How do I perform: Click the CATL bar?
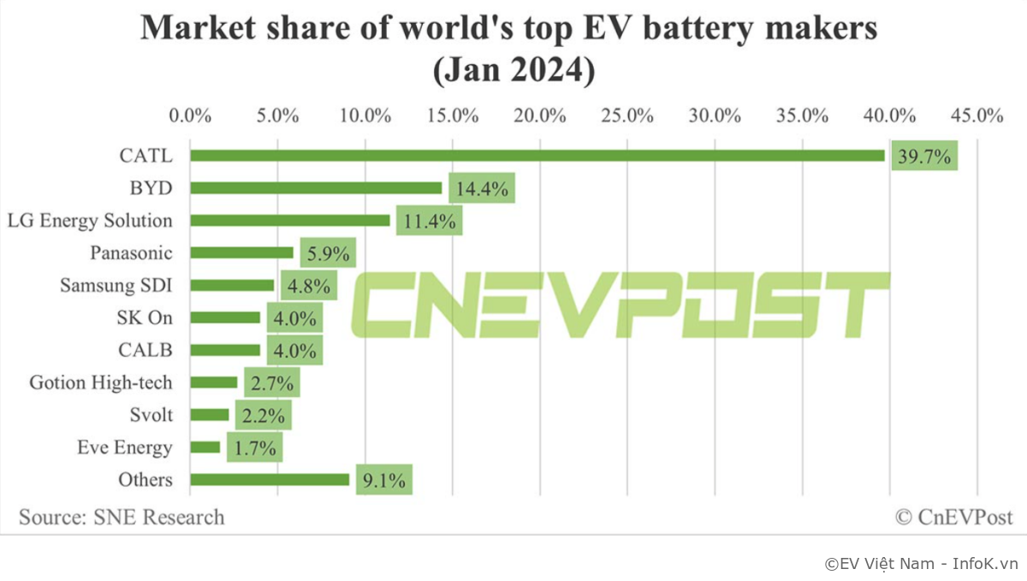coord(537,156)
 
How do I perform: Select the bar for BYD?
coord(316,188)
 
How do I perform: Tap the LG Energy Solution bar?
coord(290,221)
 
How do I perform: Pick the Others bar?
coord(270,479)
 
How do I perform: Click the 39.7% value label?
coord(924,156)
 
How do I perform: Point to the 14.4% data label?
coord(482,188)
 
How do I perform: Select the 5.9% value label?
coord(327,253)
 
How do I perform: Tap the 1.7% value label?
coord(254,447)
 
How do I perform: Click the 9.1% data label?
coord(383,479)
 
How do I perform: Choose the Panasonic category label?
coord(131,253)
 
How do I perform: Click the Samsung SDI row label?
coord(116,286)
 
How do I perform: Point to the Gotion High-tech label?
coord(100,382)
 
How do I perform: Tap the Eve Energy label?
coord(124,448)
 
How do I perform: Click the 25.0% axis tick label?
coord(627,116)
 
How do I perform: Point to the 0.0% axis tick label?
coord(190,116)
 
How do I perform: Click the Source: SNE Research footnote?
coord(122,517)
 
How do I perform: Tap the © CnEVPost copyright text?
coord(953,517)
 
